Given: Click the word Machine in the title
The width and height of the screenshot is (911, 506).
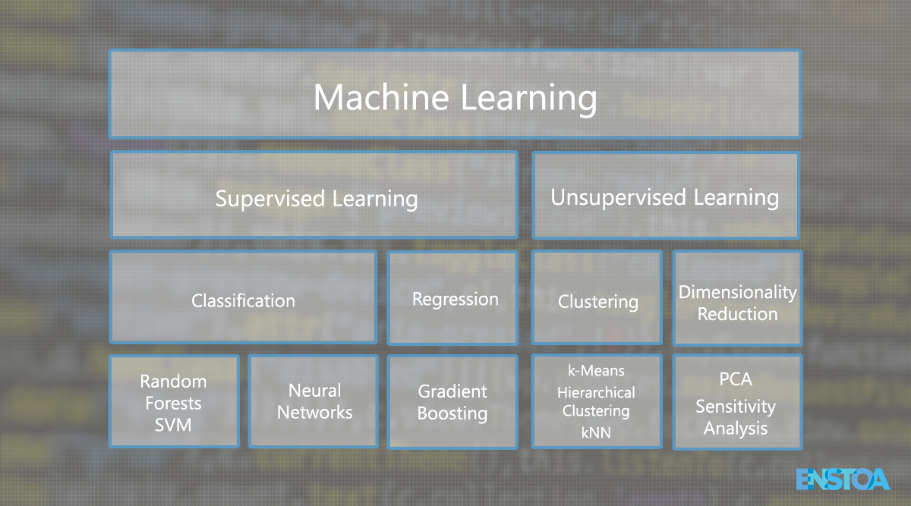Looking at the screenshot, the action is coord(381,97).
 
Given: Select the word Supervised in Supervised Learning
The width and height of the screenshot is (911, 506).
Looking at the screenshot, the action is coord(270,199).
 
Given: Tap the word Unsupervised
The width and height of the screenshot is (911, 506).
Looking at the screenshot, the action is coord(618,198).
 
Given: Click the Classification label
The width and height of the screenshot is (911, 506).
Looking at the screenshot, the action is coord(243,300).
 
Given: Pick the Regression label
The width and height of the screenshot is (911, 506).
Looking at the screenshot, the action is coord(455,300).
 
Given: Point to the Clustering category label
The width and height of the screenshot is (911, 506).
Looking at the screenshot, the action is coord(598,302).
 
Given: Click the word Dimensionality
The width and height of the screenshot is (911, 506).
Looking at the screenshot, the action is coord(737,293).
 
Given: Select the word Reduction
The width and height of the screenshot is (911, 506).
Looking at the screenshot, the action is coord(737,314).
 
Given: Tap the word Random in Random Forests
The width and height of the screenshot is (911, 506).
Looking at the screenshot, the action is coord(173,382).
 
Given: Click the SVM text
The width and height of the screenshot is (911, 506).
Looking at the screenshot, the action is coord(173,425).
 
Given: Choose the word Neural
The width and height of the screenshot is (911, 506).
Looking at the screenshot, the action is coord(314,391).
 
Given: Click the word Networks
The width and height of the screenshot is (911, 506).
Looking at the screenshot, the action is coord(314,413).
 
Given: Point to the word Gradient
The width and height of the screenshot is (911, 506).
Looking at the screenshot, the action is coord(452,391).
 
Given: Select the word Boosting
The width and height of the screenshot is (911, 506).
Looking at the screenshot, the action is coord(452,414).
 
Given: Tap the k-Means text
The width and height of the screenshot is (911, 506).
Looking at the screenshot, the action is coord(596,371).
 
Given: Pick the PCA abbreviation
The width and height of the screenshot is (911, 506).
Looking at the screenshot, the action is coord(736,379).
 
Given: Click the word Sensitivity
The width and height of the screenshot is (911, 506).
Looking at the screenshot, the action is coord(736,407).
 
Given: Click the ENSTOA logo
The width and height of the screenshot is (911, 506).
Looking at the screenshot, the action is coord(843,479).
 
